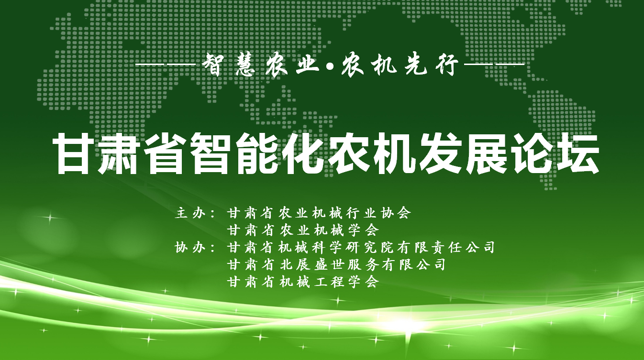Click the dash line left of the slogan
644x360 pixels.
(x=166, y=65)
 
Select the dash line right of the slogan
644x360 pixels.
(x=494, y=65)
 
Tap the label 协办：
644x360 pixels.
(x=196, y=248)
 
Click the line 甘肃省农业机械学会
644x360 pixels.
(x=303, y=230)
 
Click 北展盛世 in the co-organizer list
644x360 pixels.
(x=312, y=264)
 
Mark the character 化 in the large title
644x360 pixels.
(x=303, y=154)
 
